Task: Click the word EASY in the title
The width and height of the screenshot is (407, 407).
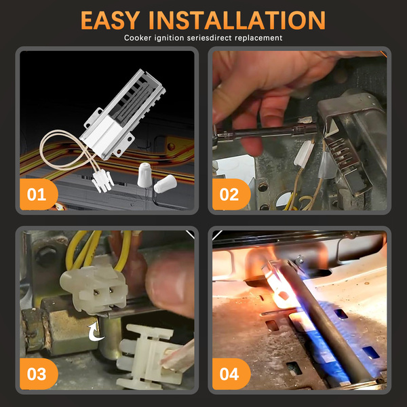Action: (x=111, y=20)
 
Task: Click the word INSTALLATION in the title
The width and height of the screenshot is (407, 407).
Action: (x=237, y=20)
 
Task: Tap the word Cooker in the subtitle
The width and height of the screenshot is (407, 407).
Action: (x=138, y=38)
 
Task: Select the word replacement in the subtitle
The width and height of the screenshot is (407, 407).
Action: (x=258, y=38)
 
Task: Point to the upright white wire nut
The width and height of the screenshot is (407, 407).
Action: (x=144, y=175)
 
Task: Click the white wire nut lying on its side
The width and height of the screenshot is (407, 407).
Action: (x=165, y=184)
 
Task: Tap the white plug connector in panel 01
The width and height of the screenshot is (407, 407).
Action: (x=103, y=180)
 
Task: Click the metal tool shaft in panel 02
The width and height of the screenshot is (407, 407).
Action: (x=265, y=132)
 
